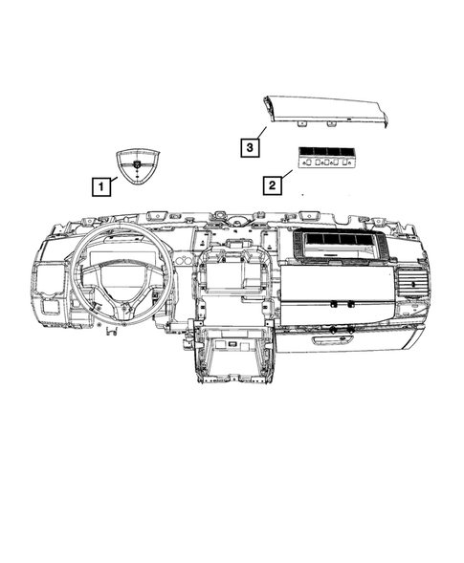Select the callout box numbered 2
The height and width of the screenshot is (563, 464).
pos(273,184)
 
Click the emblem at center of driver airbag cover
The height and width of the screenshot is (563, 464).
pos(137,166)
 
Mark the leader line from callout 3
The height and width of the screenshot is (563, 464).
pos(260,135)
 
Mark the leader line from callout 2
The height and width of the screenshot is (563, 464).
pos(286,174)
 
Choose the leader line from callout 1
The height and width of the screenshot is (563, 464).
pos(112,179)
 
